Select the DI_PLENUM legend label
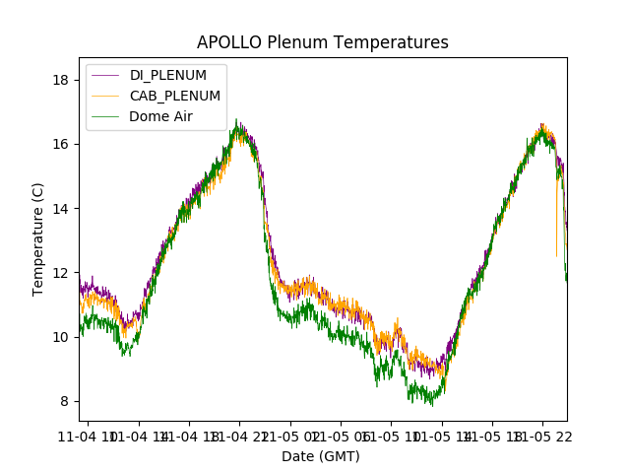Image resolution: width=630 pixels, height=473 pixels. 168,76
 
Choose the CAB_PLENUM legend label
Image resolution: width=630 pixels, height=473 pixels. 175,96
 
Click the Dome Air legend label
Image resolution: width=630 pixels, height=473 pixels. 161,116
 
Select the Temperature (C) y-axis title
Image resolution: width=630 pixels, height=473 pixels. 38,238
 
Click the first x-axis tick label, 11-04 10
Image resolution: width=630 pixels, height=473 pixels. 88,436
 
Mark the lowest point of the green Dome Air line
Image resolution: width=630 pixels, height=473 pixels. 431,405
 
